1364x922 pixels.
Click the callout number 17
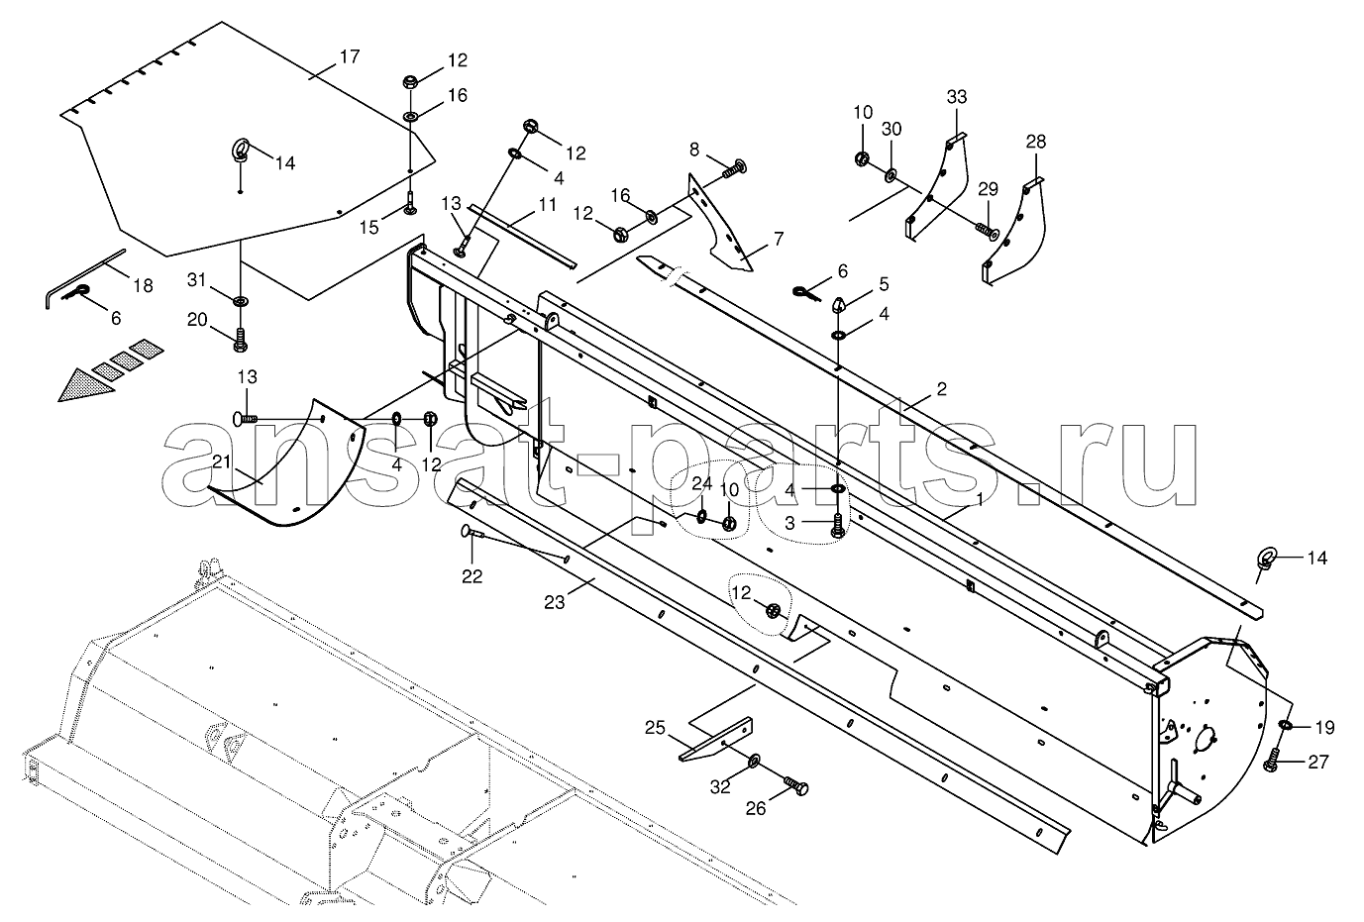[350, 56]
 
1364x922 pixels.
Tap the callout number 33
[957, 97]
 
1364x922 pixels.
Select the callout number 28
[1036, 142]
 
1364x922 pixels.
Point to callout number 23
[555, 602]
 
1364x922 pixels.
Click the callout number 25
[655, 728]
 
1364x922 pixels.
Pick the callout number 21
[222, 462]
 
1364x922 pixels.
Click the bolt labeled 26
[795, 786]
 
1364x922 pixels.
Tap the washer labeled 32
[754, 760]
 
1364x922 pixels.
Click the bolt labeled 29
[987, 231]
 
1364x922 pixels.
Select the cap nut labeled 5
[838, 304]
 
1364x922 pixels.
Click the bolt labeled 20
[240, 340]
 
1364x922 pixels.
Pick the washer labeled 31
[241, 301]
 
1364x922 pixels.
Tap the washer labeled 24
[701, 517]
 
